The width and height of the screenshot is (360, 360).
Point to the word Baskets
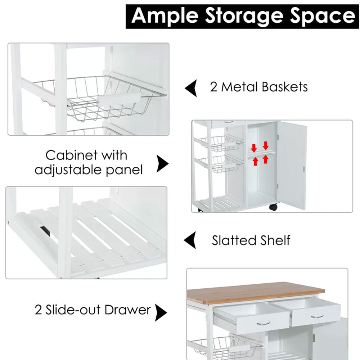286,87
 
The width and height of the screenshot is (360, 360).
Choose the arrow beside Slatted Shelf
190,240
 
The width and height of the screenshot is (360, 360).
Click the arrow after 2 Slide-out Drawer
161,312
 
